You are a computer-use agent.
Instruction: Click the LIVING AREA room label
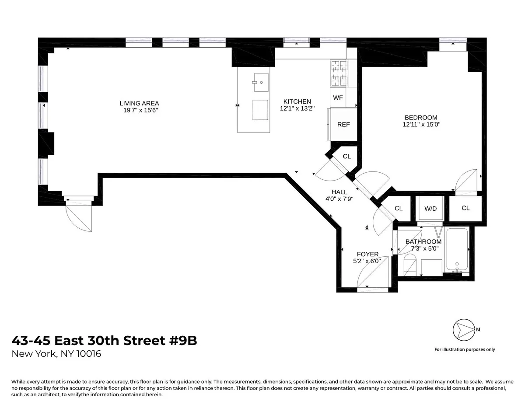tap(139, 104)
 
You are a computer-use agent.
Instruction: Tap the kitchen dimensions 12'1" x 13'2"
tap(297, 108)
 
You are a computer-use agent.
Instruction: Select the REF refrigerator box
tap(343, 125)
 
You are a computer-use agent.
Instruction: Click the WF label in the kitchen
tap(338, 98)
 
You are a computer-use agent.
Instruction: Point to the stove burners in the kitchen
tap(338, 73)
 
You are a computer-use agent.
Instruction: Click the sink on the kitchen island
tap(261, 82)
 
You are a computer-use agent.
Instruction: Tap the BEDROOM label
tap(420, 118)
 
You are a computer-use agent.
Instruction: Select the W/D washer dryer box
tap(430, 209)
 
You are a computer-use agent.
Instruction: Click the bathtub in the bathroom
tap(457, 251)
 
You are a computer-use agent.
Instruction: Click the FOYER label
tap(367, 254)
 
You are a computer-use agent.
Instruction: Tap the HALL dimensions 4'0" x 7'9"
tap(339, 199)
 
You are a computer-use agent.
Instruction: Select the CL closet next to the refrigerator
tap(346, 157)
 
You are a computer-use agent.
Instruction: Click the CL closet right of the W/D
tap(465, 208)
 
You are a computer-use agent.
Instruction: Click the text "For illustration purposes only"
tap(465, 349)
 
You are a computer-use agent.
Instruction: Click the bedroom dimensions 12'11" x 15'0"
tap(421, 125)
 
